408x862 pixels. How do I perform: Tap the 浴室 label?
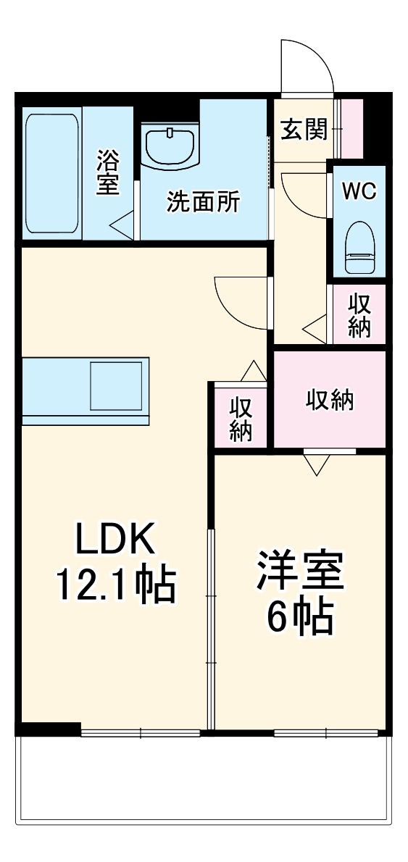click(x=107, y=172)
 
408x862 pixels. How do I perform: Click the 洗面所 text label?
click(x=203, y=202)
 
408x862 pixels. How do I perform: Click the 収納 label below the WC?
click(x=359, y=314)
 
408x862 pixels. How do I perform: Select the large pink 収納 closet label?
click(x=330, y=399)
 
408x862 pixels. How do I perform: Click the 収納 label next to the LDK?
click(x=240, y=418)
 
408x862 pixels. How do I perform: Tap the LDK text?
click(x=116, y=540)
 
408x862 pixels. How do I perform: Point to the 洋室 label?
click(x=299, y=572)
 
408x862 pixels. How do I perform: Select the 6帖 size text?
click(x=299, y=616)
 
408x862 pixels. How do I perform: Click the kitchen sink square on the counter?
click(x=116, y=386)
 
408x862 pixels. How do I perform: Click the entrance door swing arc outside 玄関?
click(x=308, y=65)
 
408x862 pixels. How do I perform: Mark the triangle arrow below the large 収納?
click(x=317, y=464)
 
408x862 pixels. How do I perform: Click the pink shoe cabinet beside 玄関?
click(x=352, y=128)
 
